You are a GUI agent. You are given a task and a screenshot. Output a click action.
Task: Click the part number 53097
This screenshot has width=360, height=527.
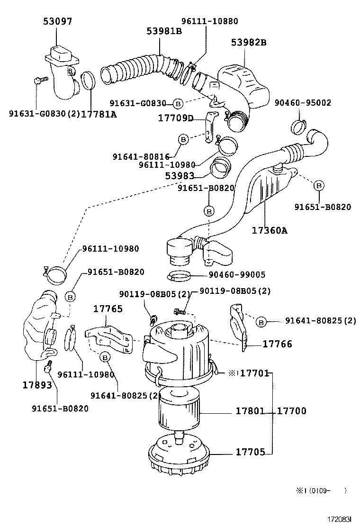pyautogui.click(x=58, y=21)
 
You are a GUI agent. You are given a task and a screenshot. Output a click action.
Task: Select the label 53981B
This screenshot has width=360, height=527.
pyautogui.click(x=164, y=31)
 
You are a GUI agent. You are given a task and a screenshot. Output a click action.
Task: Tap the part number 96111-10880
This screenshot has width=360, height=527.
pyautogui.click(x=210, y=21)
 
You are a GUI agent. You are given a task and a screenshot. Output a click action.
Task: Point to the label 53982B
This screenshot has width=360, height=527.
pyautogui.click(x=249, y=43)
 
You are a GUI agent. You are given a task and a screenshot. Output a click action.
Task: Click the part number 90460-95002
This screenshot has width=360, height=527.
pyautogui.click(x=303, y=103)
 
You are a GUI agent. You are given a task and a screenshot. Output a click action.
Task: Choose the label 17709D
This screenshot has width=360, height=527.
pyautogui.click(x=176, y=118)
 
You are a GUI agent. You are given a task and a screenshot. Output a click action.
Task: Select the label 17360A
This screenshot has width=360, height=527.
pyautogui.click(x=270, y=231)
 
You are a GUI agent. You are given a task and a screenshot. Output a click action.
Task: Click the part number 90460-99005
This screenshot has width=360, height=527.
pyautogui.click(x=237, y=275)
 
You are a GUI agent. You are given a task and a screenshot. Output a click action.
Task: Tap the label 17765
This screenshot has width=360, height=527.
pyautogui.click(x=108, y=309)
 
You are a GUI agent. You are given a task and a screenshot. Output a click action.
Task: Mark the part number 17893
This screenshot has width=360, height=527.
pyautogui.click(x=37, y=385)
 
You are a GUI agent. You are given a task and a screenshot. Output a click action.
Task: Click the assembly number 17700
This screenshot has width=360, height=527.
pyautogui.click(x=292, y=411)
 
